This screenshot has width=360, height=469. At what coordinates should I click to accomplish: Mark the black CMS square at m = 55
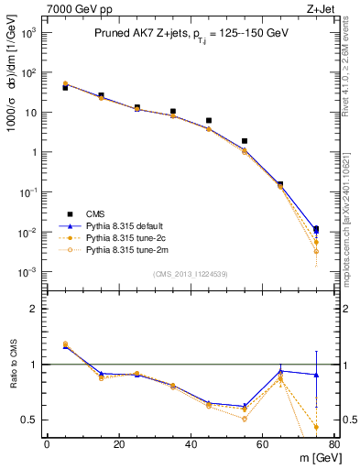(x=245, y=141)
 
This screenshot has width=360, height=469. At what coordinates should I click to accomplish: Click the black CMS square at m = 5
(x=65, y=87)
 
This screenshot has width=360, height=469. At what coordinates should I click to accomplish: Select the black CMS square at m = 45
(x=209, y=120)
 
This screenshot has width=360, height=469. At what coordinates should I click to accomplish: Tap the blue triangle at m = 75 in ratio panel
(x=316, y=375)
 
